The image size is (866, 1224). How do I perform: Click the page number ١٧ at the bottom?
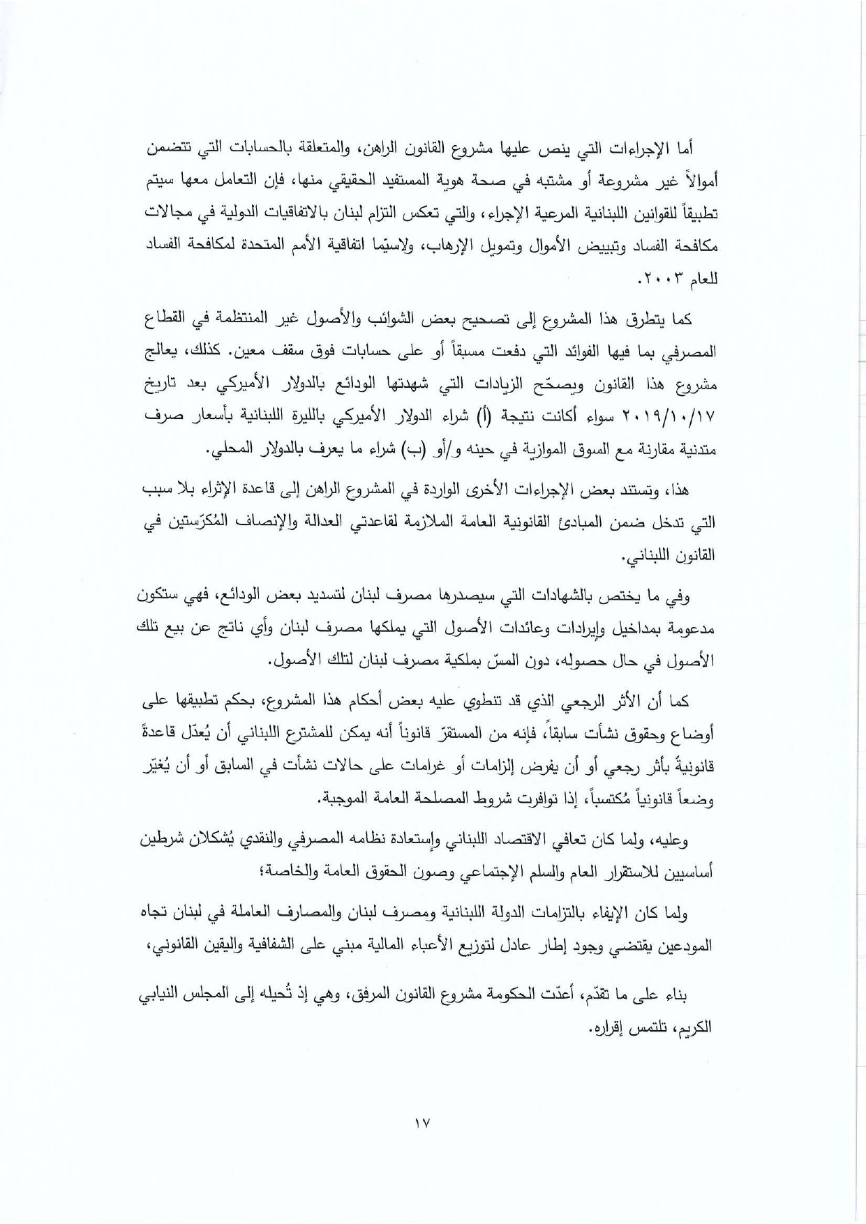point(423,1124)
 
